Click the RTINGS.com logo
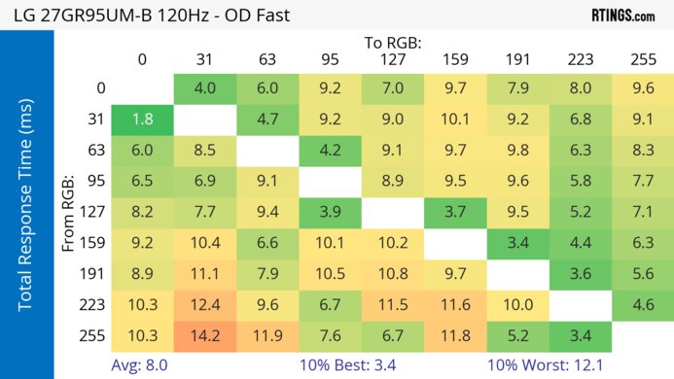622,16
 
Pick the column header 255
642,59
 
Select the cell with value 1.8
142,121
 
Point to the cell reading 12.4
205,304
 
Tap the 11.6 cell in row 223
454,304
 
